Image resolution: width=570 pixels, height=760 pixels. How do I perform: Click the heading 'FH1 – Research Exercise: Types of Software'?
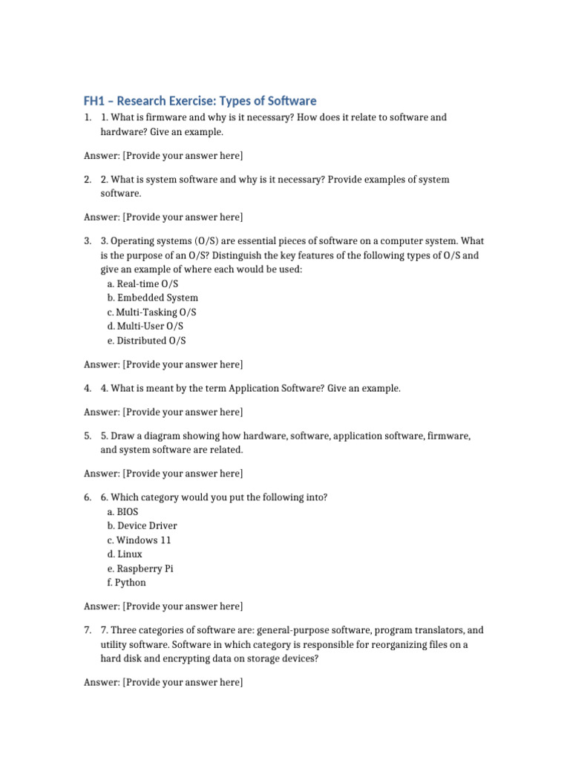pos(200,101)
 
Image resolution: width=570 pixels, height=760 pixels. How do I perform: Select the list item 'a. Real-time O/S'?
pos(142,284)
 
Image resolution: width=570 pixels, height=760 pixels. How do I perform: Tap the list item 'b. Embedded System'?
pos(152,298)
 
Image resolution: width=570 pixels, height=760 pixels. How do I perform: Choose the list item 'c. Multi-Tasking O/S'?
pos(151,312)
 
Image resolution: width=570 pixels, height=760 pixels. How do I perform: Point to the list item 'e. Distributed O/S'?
pos(146,341)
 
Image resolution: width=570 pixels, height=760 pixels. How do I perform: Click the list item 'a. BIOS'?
pos(122,512)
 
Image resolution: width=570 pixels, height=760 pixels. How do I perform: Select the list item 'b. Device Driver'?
pos(142,526)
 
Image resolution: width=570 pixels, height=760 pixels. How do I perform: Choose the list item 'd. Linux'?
pos(124,554)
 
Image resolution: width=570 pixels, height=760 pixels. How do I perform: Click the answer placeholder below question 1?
pos(163,156)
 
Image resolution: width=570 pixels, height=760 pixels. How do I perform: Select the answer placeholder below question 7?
pos(163,682)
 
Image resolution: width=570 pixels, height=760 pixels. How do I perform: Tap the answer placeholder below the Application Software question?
pos(163,412)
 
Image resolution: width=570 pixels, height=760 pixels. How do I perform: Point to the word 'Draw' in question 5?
pos(123,436)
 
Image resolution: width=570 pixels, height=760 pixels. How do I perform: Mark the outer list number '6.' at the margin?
pos(88,498)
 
